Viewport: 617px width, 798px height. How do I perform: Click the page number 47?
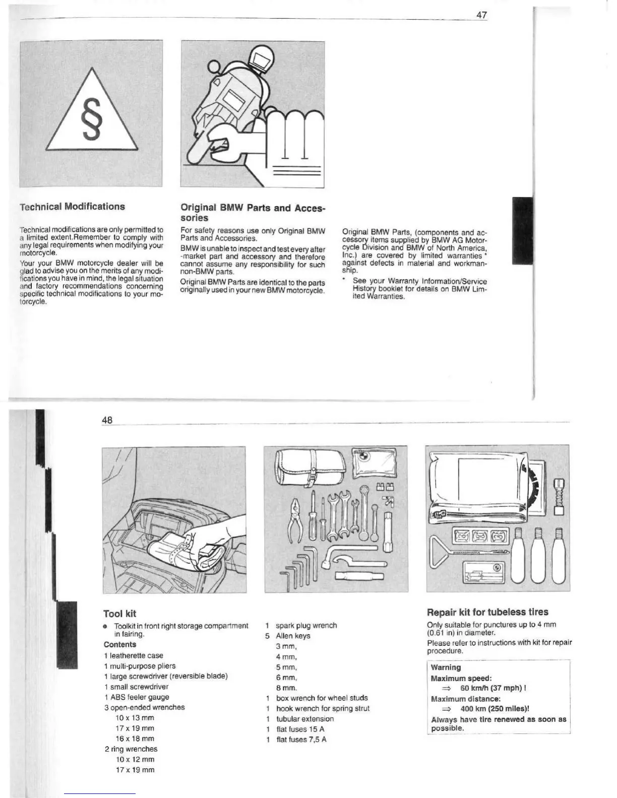(x=481, y=15)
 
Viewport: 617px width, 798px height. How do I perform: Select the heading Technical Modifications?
(x=72, y=207)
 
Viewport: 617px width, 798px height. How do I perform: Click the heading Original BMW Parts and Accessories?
(x=253, y=213)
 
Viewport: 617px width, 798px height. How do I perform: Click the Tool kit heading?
(x=119, y=614)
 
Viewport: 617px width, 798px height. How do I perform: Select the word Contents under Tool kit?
(x=120, y=644)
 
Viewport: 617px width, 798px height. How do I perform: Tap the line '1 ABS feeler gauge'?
(x=136, y=697)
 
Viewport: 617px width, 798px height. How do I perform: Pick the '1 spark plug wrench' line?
(x=301, y=625)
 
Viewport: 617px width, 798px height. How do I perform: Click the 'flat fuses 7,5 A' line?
(x=301, y=740)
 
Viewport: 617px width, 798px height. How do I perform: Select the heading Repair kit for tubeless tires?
(x=487, y=612)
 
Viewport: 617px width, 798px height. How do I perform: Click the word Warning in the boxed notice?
(x=446, y=668)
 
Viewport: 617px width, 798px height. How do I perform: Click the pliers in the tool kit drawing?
(x=295, y=520)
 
